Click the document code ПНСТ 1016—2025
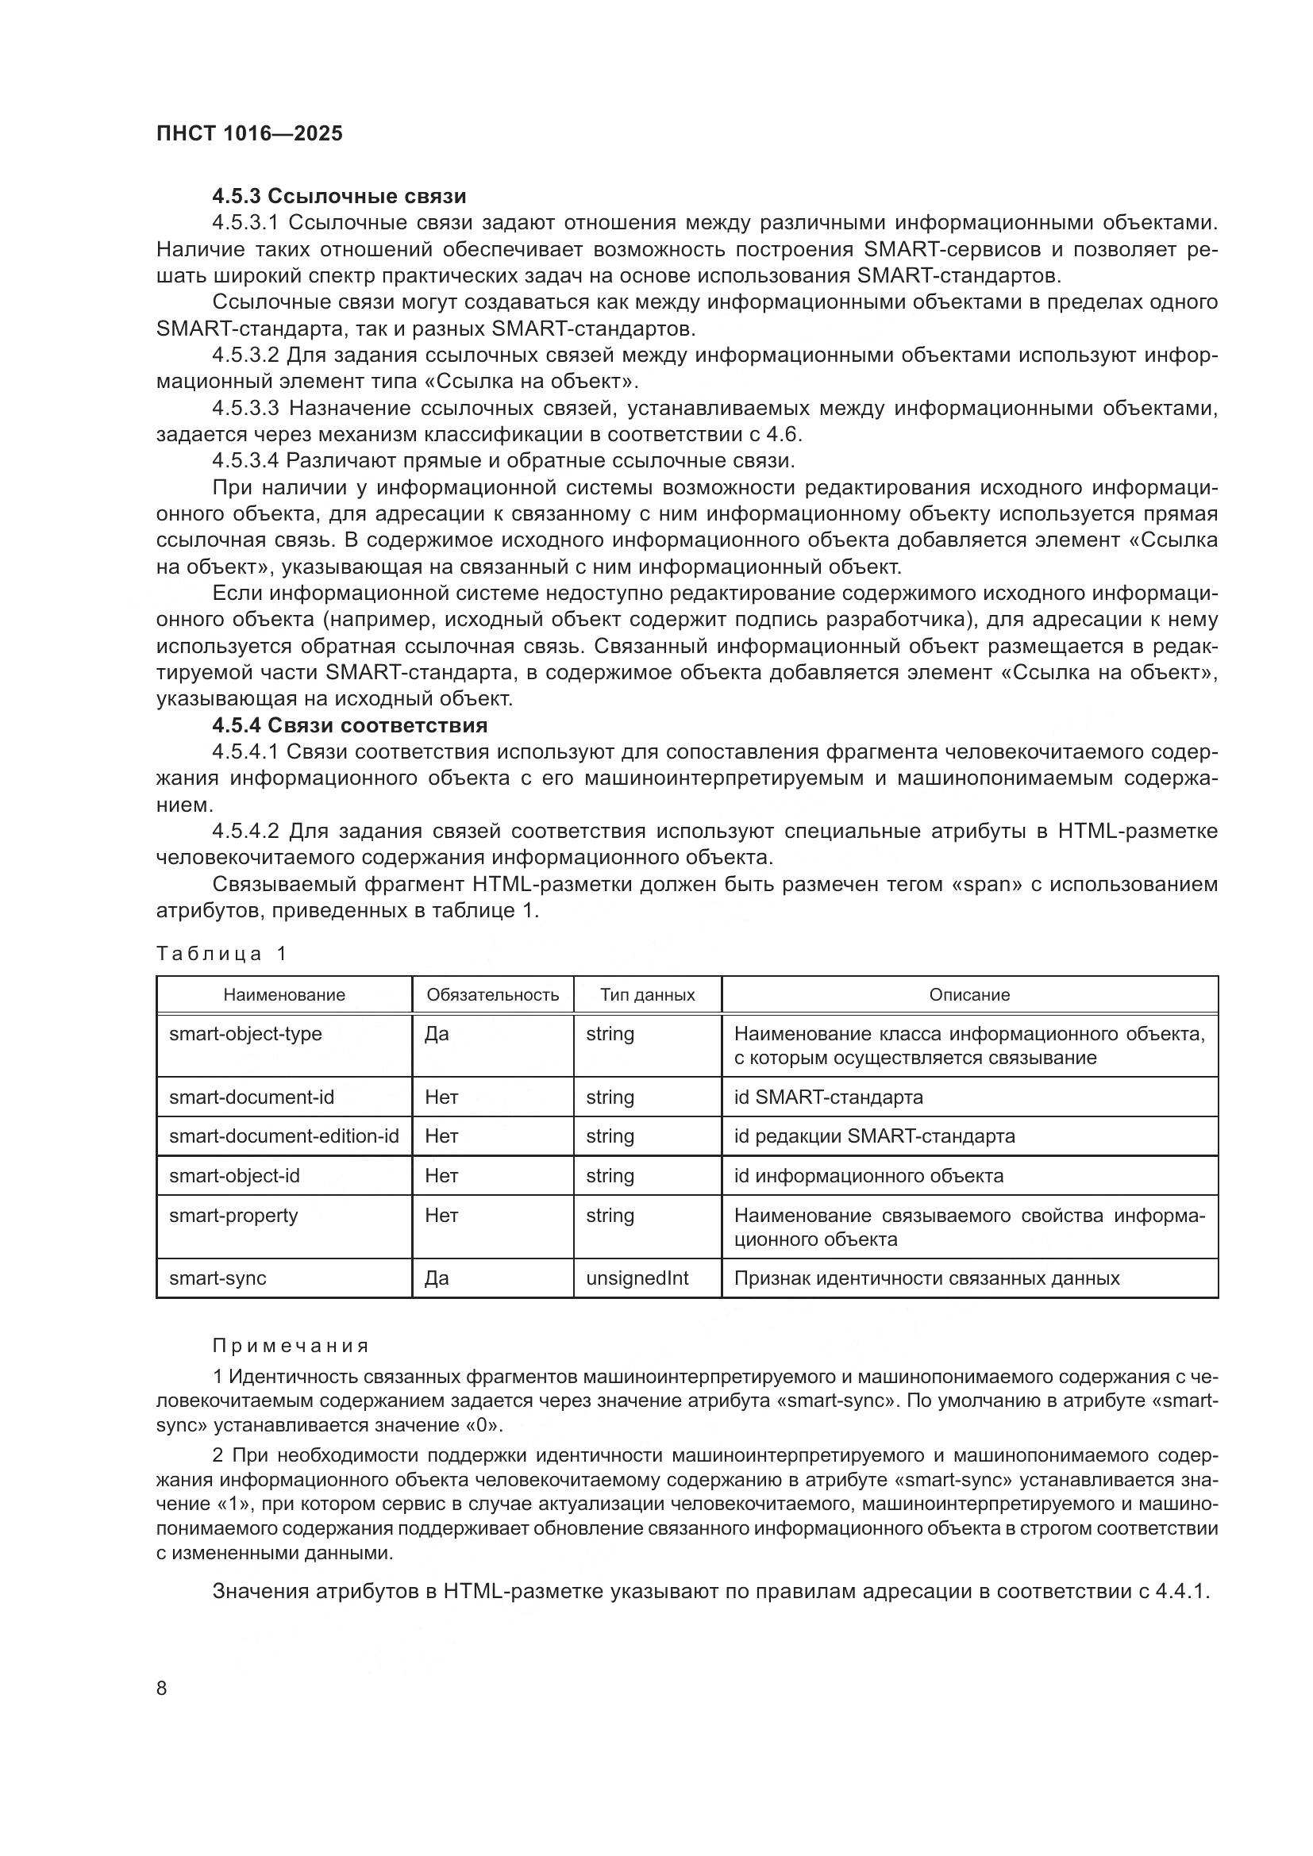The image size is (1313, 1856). click(249, 133)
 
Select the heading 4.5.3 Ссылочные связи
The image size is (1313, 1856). click(339, 196)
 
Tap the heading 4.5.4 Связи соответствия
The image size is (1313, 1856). click(349, 724)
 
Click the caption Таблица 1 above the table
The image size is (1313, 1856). click(221, 954)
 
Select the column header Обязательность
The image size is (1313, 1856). click(492, 994)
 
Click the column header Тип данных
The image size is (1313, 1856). click(647, 994)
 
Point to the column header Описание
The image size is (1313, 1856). click(968, 994)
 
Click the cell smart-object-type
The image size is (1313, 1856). click(245, 1034)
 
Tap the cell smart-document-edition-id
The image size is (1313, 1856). click(283, 1136)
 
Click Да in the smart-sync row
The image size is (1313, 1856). click(437, 1278)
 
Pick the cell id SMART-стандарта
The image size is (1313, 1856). click(828, 1097)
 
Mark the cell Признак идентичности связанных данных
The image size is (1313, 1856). click(926, 1278)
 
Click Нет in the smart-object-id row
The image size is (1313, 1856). click(441, 1175)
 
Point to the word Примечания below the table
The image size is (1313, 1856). click(291, 1346)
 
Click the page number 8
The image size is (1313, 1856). click(162, 1688)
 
